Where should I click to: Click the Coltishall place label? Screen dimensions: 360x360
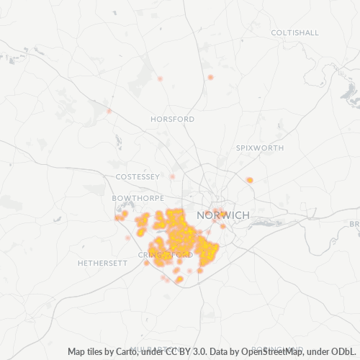point(294,32)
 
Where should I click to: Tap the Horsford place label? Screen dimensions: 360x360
point(173,119)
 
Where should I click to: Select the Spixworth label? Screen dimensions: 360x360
point(260,148)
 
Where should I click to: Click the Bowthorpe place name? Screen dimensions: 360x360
point(134,197)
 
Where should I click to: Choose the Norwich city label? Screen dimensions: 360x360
point(226,215)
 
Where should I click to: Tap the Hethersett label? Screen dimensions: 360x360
point(102,263)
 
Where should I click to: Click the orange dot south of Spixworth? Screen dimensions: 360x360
point(250,180)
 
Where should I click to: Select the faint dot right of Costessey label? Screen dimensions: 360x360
point(173,176)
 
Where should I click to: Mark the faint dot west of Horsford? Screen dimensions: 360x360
point(109,111)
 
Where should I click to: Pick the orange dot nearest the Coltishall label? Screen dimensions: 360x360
point(210,77)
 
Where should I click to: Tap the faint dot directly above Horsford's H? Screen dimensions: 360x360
point(160,78)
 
